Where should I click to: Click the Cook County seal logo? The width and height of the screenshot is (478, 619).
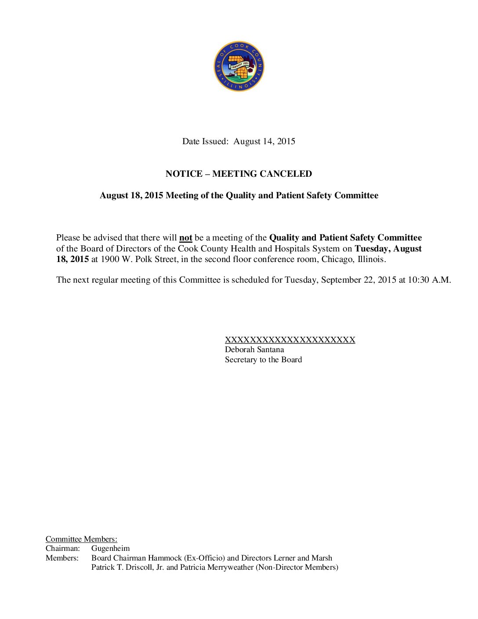coord(239,66)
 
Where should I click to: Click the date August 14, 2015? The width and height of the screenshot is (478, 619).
coord(264,142)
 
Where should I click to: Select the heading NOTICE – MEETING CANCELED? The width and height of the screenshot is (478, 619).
coord(239,174)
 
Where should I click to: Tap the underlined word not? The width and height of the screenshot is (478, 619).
coord(185,238)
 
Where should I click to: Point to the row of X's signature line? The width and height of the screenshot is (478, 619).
coord(290,339)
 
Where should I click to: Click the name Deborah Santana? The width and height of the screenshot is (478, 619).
coord(254,350)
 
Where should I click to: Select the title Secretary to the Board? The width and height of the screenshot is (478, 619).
coord(263,360)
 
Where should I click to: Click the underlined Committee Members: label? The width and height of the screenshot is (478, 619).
coord(81,539)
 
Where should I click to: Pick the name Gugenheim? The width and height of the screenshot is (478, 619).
coord(110,548)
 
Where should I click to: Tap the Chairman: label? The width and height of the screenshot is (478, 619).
coord(63,548)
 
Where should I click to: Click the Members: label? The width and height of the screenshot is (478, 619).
coord(62,558)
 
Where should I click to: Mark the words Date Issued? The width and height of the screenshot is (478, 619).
coord(205,142)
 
